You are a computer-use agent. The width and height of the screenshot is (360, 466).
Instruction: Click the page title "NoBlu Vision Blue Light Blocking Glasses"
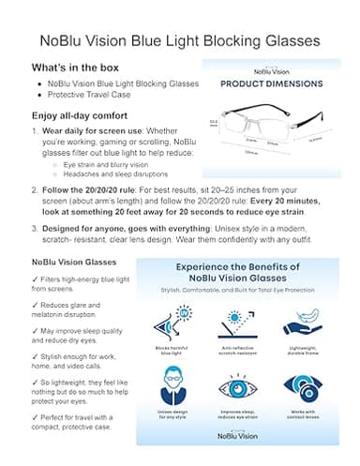tap(179, 41)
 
